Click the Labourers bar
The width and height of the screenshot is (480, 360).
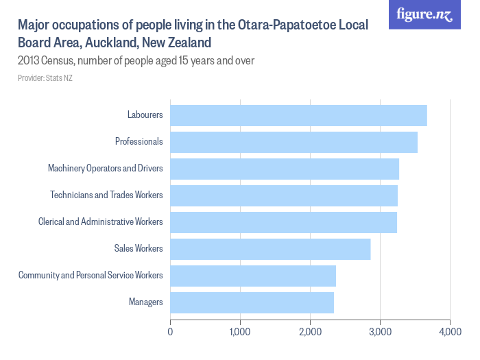pyautogui.click(x=298, y=115)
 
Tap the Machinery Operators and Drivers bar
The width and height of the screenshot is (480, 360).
pyautogui.click(x=285, y=169)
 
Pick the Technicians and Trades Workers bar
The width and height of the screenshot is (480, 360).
pyautogui.click(x=284, y=195)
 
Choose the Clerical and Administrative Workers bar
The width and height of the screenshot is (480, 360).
pyautogui.click(x=283, y=222)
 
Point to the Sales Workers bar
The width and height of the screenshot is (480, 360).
pyautogui.click(x=270, y=249)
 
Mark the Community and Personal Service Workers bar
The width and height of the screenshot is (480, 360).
pyautogui.click(x=253, y=276)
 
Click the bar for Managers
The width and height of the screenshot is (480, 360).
pyautogui.click(x=252, y=302)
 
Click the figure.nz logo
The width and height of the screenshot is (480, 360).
pyautogui.click(x=424, y=14)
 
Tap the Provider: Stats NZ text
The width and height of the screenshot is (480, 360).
pyautogui.click(x=45, y=78)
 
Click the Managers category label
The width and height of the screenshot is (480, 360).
pyautogui.click(x=145, y=302)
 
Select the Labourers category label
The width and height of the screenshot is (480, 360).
pyautogui.click(x=145, y=115)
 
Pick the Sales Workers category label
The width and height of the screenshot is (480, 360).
pyautogui.click(x=139, y=249)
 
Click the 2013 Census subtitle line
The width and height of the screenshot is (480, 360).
pyautogui.click(x=136, y=61)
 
